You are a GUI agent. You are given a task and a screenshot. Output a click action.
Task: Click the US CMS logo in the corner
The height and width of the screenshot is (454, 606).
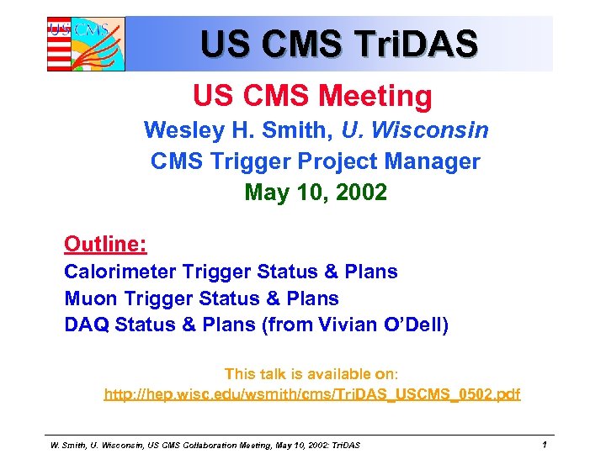85,44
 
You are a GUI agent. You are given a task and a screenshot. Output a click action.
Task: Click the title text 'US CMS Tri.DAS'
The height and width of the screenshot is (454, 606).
338,43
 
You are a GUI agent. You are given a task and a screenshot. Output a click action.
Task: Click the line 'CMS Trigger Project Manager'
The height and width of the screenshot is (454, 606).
315,161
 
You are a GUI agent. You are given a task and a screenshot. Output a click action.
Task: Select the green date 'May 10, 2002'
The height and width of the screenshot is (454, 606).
316,193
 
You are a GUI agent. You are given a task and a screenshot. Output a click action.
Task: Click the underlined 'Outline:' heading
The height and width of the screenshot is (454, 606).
105,245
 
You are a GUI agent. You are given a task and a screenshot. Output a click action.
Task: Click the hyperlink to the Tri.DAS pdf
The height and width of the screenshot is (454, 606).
311,393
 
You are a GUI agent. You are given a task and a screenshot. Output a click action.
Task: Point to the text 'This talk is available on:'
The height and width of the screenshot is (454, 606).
311,374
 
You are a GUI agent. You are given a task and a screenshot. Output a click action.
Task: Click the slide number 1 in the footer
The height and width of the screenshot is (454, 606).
545,444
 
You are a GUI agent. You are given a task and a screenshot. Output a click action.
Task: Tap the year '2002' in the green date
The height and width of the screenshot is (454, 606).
359,193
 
